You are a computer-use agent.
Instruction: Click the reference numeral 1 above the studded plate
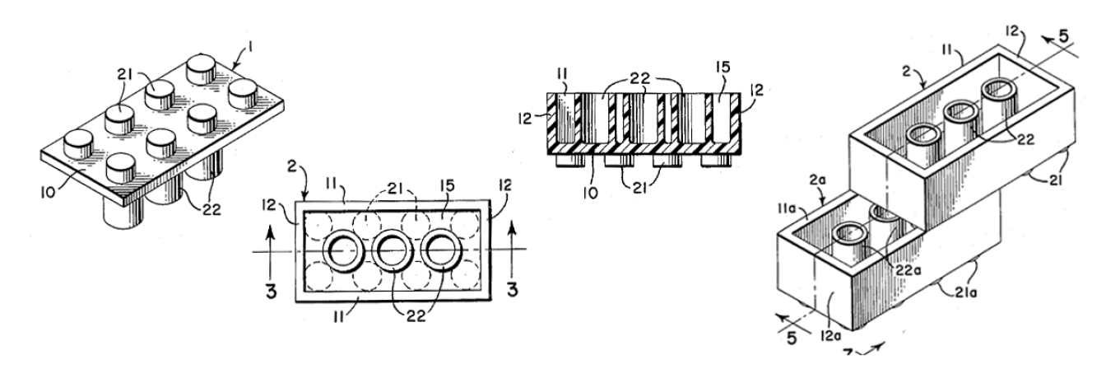click(251, 48)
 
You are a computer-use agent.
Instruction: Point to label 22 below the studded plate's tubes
click(211, 210)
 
